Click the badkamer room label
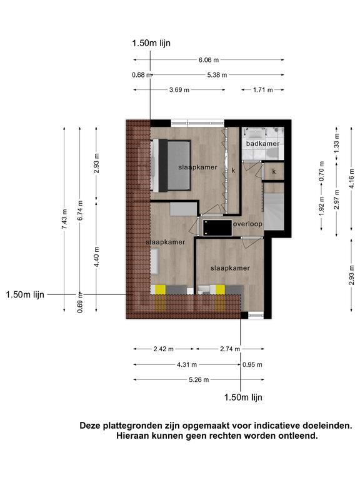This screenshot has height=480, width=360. coord(262,144)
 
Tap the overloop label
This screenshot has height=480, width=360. coord(247,224)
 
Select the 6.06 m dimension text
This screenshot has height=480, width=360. coord(209,60)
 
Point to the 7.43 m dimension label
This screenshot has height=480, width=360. coord(64,219)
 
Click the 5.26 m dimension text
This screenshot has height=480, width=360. coord(199,380)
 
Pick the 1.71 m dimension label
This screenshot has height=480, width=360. coord(263,90)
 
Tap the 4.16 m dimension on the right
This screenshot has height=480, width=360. coord(351,179)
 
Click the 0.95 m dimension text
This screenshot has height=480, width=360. coord(252,364)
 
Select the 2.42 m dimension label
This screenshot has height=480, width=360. coord(164,349)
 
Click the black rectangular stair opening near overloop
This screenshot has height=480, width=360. coord(217,227)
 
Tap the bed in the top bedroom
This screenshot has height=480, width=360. coord(171,166)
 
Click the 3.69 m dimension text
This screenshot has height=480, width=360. coord(179,90)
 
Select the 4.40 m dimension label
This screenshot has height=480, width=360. coord(96,257)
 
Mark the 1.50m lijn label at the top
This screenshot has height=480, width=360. coord(151,43)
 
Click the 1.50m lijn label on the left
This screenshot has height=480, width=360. coord(25,295)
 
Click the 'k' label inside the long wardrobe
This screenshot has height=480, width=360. coord(233,171)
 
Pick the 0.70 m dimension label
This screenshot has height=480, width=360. coord(321,171)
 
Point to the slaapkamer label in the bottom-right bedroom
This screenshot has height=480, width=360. coord(230,268)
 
